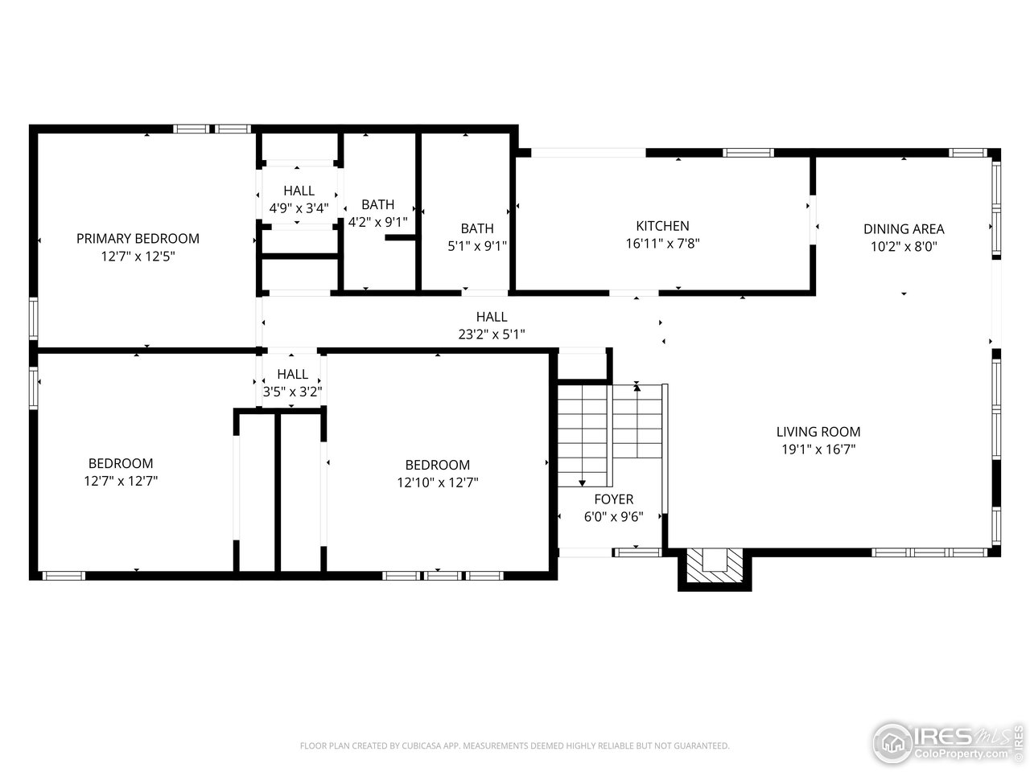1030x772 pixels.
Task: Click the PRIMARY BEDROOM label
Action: [x=138, y=238]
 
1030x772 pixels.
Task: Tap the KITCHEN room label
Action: [x=662, y=226]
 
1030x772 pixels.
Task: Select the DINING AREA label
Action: [x=904, y=229]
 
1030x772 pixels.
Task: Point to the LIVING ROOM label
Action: [x=818, y=432]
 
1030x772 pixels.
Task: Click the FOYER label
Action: [x=613, y=499]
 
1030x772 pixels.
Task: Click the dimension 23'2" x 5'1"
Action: [x=491, y=335]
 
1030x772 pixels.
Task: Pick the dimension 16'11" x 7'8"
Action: [x=662, y=244]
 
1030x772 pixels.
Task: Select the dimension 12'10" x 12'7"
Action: [x=437, y=482]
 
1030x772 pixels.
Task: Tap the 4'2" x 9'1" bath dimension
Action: [x=377, y=222]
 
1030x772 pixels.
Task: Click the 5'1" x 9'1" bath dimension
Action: [x=476, y=246]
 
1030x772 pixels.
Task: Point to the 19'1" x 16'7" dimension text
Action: [x=818, y=450]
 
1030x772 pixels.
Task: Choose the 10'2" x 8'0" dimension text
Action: [x=904, y=247]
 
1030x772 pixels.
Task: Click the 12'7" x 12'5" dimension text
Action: [x=138, y=257]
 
